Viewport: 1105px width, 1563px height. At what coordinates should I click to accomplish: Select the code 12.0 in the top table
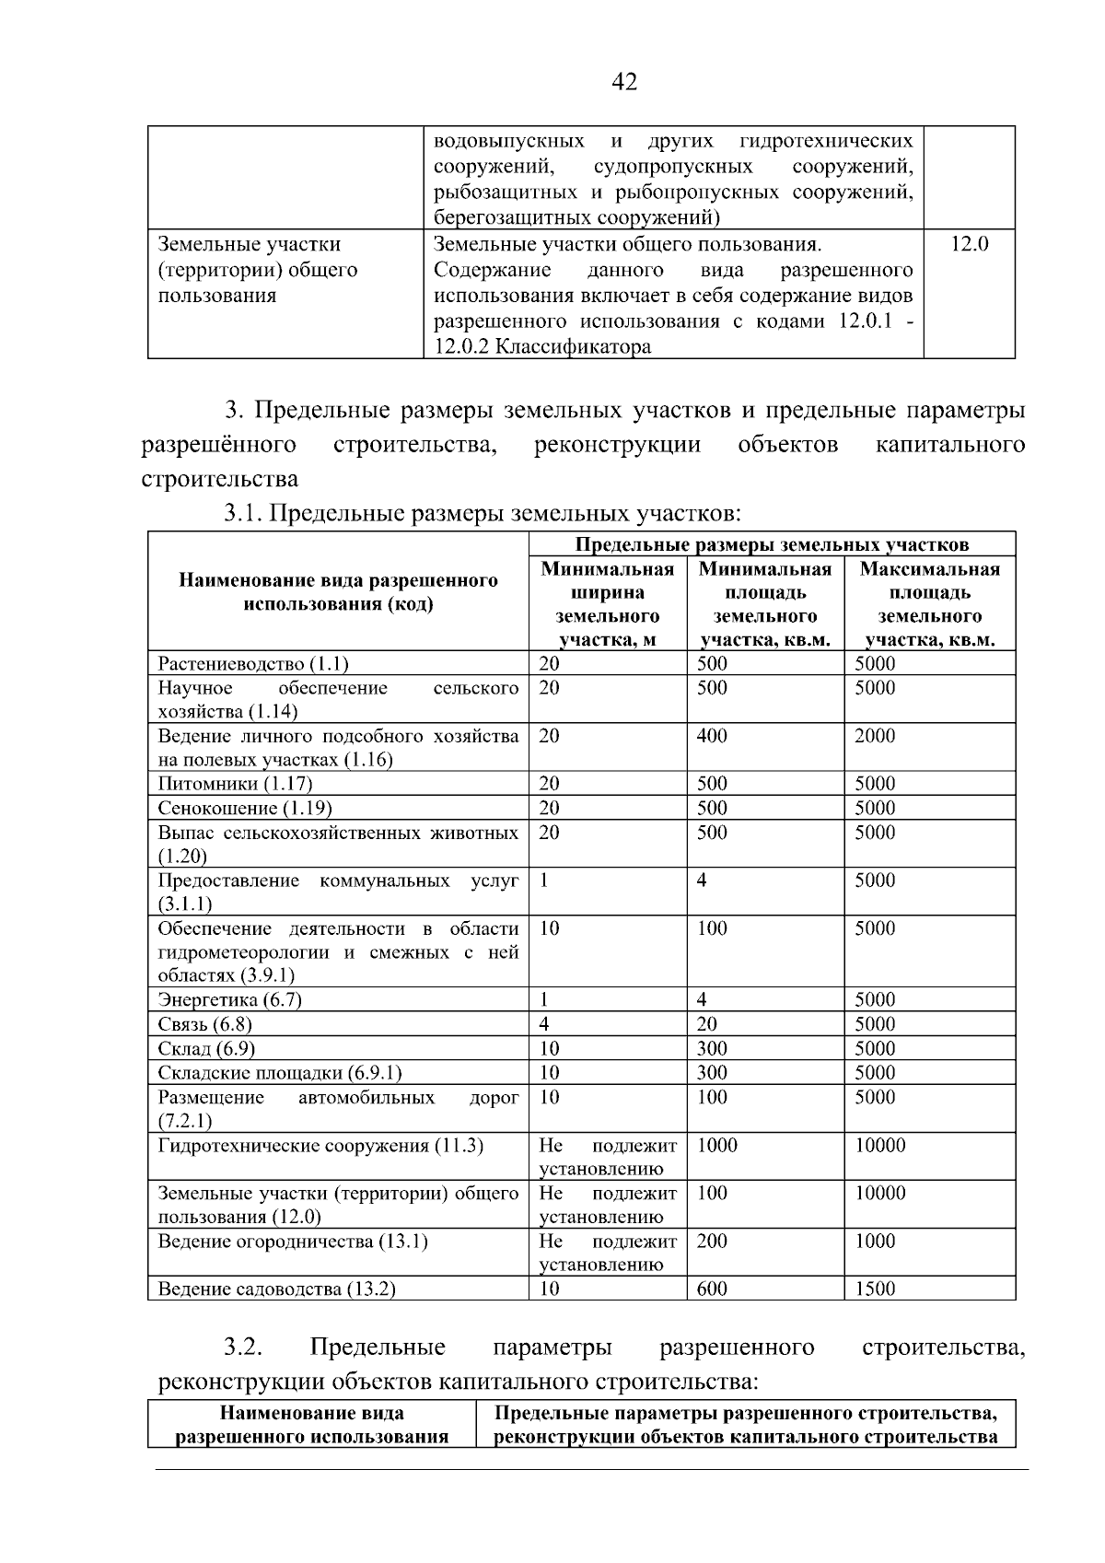(969, 244)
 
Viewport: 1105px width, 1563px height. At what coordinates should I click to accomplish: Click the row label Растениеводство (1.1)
(252, 664)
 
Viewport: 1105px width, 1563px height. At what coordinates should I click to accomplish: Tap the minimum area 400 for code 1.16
(712, 735)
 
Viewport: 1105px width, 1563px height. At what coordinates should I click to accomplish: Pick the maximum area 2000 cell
(874, 735)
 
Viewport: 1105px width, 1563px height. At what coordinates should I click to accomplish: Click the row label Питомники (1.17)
(235, 784)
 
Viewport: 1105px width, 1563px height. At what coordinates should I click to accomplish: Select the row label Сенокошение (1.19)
(244, 808)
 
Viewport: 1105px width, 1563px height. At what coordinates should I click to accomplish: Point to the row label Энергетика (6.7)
(229, 999)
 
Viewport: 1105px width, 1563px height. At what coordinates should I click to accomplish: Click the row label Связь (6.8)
(204, 1024)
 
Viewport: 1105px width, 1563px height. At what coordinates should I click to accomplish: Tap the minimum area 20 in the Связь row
(707, 1024)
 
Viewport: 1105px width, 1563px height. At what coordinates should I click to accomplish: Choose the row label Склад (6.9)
(206, 1048)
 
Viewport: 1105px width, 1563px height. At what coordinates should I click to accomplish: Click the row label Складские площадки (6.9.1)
(280, 1072)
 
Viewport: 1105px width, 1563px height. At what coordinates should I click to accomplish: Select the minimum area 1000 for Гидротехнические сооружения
(716, 1145)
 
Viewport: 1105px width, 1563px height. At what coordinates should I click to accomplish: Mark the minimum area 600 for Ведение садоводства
(712, 1289)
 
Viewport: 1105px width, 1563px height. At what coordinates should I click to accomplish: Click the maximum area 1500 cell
(874, 1289)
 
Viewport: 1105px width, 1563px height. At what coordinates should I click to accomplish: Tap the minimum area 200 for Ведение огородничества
(712, 1241)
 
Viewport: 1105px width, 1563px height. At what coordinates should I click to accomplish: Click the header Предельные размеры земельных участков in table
(772, 544)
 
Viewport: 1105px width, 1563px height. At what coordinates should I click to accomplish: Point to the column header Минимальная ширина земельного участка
(607, 604)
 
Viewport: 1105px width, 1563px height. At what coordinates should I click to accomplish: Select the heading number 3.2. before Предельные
(243, 1347)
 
